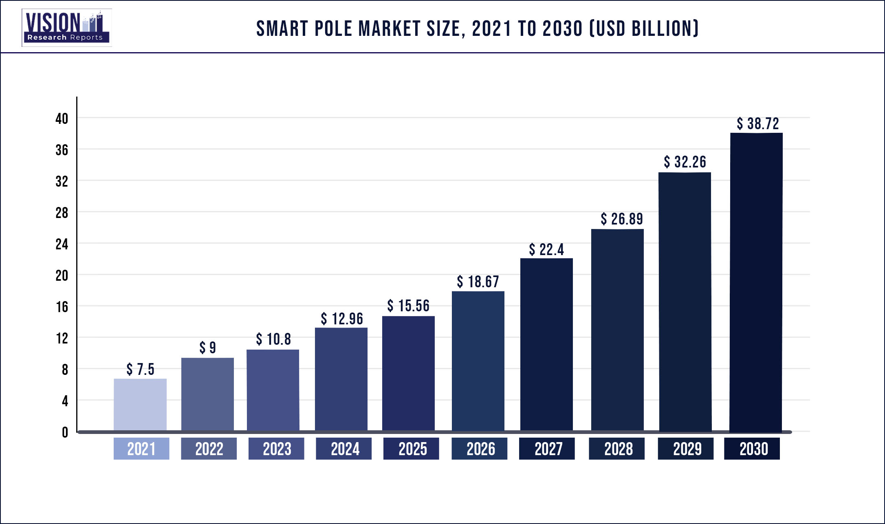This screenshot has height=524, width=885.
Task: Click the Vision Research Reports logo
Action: coord(66,28)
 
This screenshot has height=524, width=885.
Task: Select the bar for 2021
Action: coord(140,404)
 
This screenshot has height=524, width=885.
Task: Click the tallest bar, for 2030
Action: coord(756,282)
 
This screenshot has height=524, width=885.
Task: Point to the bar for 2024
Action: coord(341,379)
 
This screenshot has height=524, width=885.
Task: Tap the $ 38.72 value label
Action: coord(758,123)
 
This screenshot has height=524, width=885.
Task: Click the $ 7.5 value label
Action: coord(140,369)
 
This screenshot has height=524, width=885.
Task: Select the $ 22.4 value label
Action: coord(546,249)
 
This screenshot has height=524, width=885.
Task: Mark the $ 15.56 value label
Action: coord(408,306)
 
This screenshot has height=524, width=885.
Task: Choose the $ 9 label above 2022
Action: coord(207,348)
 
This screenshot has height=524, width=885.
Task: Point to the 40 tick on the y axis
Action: coord(62,119)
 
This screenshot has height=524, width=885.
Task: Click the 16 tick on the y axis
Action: coord(62,307)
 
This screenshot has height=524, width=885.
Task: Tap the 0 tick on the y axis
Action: coord(65,432)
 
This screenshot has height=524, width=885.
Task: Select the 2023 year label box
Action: coord(276,449)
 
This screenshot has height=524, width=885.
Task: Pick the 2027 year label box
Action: coord(547,449)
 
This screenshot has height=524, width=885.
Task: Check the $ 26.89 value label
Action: coord(622,219)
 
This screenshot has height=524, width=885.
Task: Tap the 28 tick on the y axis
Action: coord(62,213)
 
